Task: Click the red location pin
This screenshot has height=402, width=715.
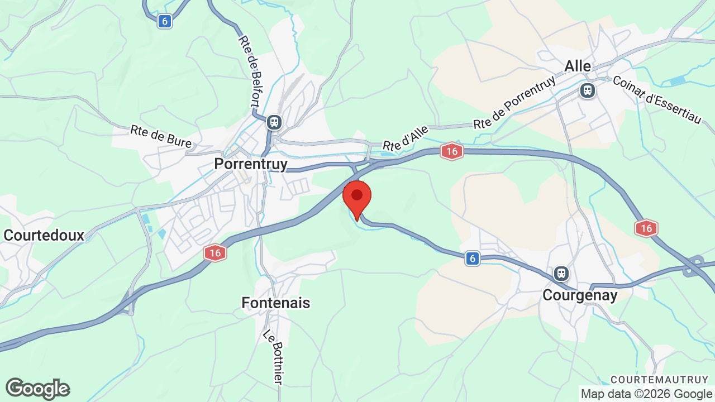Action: tap(357, 198)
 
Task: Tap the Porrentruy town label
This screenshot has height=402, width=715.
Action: tap(251, 164)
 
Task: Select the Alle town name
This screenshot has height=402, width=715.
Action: tap(578, 66)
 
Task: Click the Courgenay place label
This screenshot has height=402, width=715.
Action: tap(580, 295)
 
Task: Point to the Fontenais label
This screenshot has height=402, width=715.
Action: tap(275, 303)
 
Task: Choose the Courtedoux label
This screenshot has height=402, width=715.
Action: tap(44, 235)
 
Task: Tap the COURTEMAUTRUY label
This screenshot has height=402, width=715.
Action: tap(659, 379)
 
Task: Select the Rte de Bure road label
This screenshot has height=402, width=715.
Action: tap(161, 136)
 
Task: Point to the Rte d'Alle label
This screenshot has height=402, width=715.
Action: tap(406, 137)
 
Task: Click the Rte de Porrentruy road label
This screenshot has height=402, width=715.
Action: tap(514, 102)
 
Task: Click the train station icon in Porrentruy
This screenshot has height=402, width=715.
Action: tap(274, 122)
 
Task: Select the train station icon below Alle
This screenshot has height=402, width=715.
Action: tap(587, 90)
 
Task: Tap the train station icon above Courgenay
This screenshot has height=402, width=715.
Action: tap(561, 274)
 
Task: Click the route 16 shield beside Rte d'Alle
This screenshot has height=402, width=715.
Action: tap(451, 151)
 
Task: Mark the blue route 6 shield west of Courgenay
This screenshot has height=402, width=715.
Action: tap(473, 258)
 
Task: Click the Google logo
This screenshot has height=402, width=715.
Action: tap(38, 389)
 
